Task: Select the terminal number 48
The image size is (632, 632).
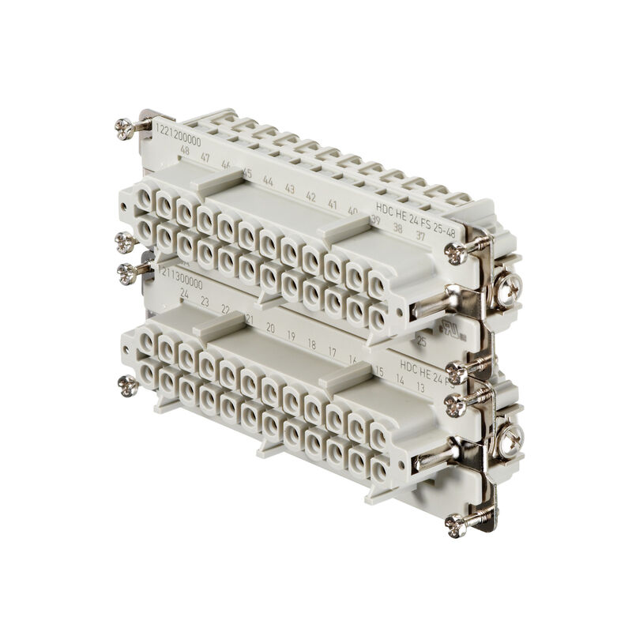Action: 185,150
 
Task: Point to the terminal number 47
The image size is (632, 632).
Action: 205,158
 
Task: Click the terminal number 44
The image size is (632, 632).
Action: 269,181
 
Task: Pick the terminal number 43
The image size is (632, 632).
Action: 290,189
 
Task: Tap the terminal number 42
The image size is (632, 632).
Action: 311,197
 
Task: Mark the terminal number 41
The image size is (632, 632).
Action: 333,204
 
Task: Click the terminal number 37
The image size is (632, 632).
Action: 420,235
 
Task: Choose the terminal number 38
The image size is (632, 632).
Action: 398,228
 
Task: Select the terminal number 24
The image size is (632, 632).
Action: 184,293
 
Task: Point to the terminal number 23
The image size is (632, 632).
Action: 205,301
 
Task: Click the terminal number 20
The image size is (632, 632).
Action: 270,325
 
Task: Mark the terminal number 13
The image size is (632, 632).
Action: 420,387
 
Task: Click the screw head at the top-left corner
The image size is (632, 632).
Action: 124,127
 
